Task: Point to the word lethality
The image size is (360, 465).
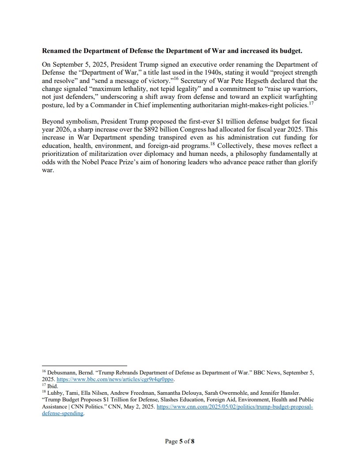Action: coord(143,88)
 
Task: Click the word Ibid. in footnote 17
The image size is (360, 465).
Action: coord(52,386)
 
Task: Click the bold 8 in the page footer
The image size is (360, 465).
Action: coord(193,441)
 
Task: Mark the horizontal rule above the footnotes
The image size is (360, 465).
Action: coord(84,366)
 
